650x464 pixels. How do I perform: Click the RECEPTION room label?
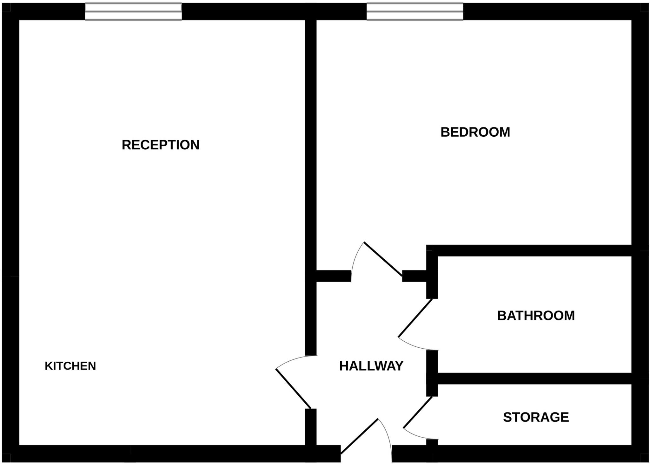point(161,145)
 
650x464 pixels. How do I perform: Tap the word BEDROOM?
point(475,132)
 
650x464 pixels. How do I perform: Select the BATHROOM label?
point(536,316)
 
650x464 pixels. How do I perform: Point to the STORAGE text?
point(536,417)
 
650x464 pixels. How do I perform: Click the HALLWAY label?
point(371,366)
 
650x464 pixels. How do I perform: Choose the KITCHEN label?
point(70,366)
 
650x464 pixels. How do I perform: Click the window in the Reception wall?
point(133,12)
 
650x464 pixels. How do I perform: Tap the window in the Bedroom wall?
point(415,12)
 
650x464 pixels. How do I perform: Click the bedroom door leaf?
point(383,259)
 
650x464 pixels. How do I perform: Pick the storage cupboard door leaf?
point(418,412)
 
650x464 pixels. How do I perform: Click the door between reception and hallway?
point(293,388)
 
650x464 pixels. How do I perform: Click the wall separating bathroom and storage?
point(533,379)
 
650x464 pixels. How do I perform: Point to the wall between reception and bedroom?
point(311,143)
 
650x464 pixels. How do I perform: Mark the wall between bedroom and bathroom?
point(530,250)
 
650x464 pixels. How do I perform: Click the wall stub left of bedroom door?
point(333,276)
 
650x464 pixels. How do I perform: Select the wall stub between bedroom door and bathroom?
point(414,276)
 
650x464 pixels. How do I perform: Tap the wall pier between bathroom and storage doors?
point(432,373)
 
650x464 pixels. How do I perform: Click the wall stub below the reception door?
point(311,427)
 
